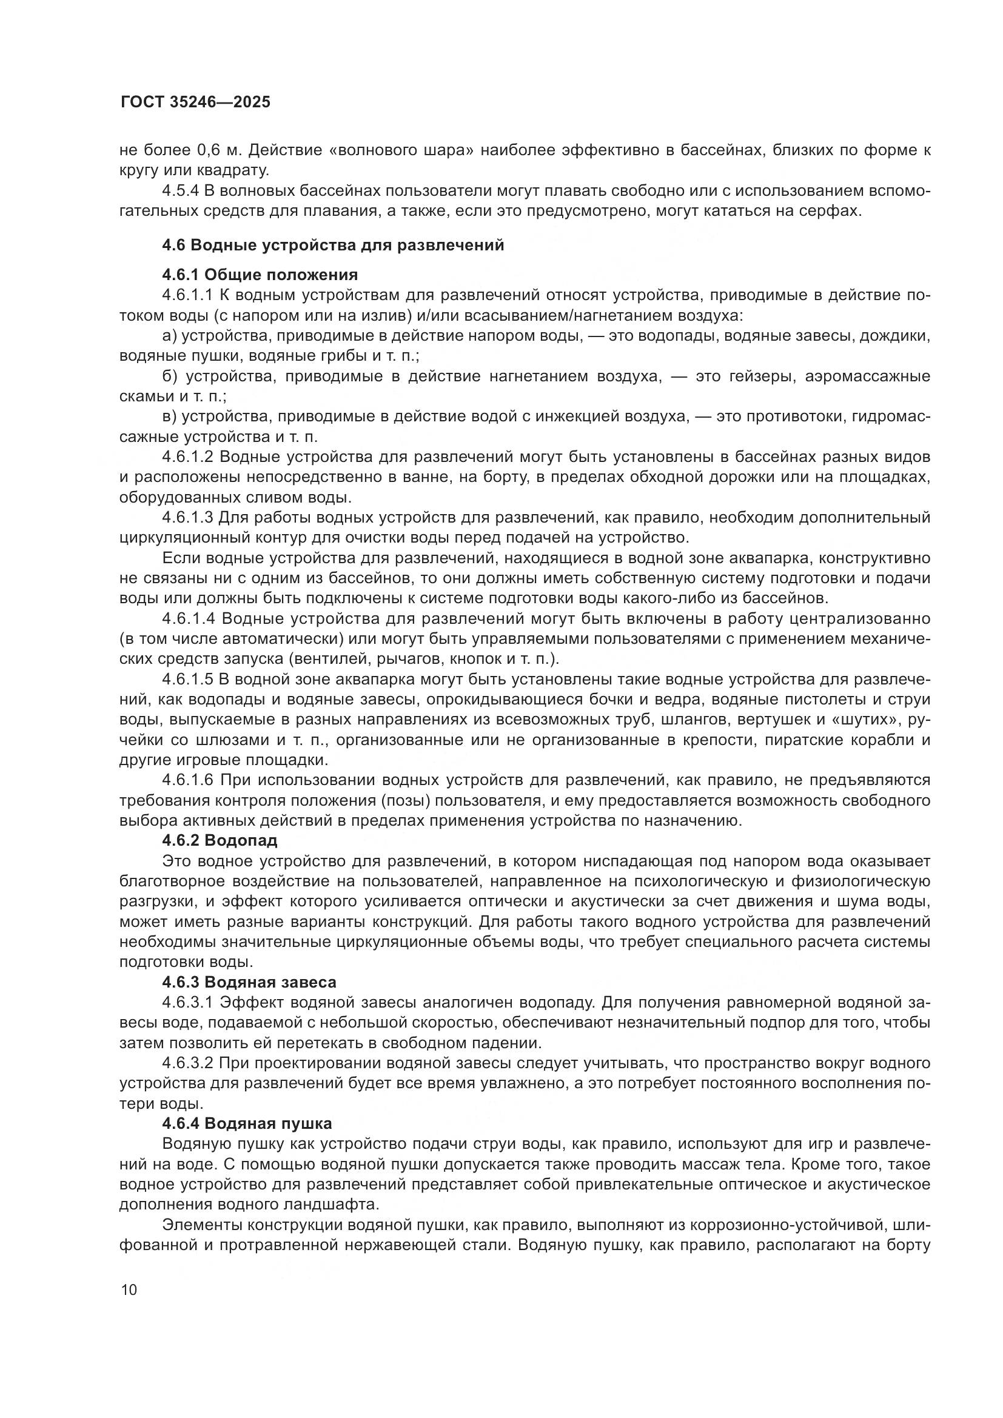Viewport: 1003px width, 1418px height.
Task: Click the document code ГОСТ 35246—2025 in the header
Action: (x=195, y=102)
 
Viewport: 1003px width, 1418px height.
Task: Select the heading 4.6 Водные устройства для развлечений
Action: (x=333, y=245)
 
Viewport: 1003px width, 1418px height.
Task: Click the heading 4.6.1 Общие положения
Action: (x=260, y=274)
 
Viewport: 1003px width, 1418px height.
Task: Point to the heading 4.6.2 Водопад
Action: (x=220, y=840)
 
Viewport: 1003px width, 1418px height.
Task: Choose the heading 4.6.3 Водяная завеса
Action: (x=249, y=982)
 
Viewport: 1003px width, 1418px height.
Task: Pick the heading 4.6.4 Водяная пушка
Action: (x=247, y=1123)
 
